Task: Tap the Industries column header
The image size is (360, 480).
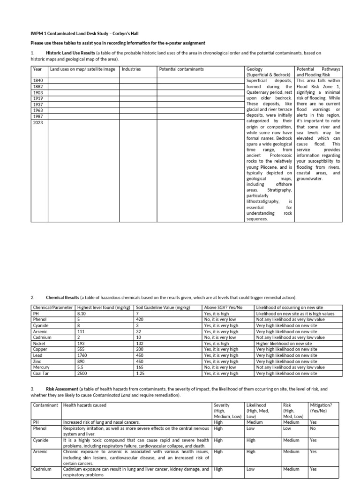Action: pos(131,69)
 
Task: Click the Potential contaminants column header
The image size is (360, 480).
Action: pos(181,69)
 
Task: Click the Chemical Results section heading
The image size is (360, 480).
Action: pos(62,298)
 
